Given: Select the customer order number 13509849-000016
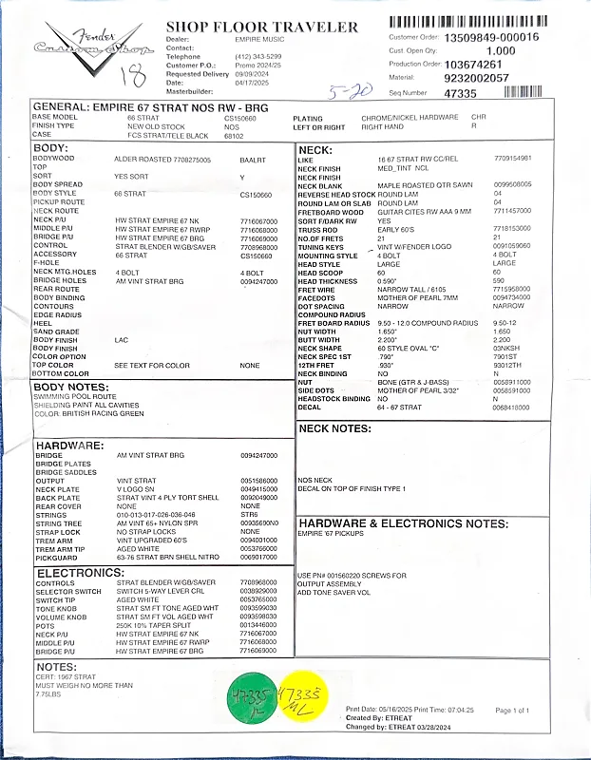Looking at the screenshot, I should (x=491, y=37).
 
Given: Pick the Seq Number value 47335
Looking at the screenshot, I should (x=459, y=93).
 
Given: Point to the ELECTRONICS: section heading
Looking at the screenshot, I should (x=75, y=574).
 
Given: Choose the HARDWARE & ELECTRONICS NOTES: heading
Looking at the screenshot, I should (x=403, y=522).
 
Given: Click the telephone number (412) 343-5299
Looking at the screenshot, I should (x=256, y=57).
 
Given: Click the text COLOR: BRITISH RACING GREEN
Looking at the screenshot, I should (x=89, y=414).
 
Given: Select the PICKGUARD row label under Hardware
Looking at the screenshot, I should (x=57, y=558).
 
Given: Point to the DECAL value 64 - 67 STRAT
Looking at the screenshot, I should (x=398, y=407).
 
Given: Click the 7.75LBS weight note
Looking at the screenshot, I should (x=48, y=694).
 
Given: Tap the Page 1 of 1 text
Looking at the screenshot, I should (x=539, y=710).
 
